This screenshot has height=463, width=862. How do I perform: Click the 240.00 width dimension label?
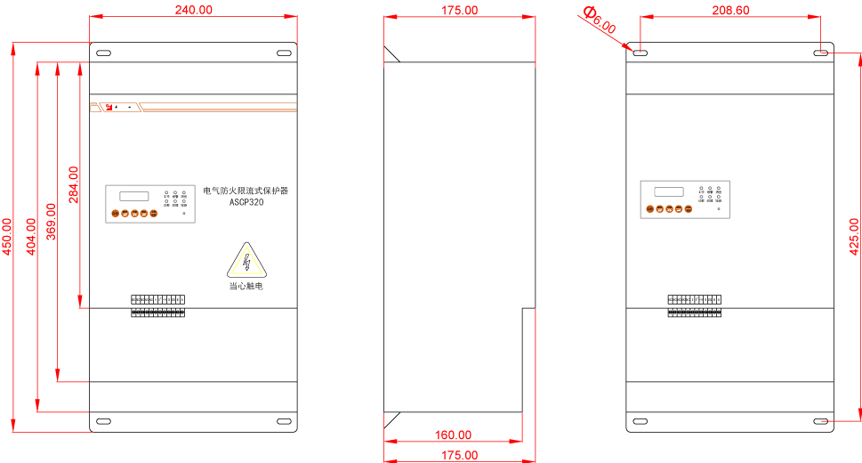[194, 10]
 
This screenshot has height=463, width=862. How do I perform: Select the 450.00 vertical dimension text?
[7, 237]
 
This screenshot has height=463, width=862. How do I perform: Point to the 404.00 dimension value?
[31, 237]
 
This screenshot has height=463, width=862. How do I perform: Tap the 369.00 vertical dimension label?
[51, 222]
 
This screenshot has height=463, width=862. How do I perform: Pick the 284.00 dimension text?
[74, 184]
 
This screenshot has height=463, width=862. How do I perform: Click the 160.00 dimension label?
[453, 435]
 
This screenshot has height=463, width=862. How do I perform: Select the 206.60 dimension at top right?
[730, 10]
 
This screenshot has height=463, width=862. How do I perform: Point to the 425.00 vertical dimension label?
[855, 237]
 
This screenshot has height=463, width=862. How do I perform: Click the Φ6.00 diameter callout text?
[599, 20]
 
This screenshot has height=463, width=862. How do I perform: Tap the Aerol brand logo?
[122, 108]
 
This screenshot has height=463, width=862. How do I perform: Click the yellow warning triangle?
[246, 262]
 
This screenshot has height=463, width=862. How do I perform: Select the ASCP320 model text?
[246, 202]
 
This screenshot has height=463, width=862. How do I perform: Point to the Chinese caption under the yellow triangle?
[246, 286]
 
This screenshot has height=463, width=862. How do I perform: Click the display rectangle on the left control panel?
[135, 196]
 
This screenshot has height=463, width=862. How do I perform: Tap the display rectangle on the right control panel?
[669, 191]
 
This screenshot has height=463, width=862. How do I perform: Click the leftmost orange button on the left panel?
[115, 214]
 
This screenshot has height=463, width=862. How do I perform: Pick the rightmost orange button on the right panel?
[689, 209]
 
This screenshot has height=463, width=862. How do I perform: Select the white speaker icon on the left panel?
[184, 214]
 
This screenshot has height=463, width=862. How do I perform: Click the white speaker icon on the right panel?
[718, 209]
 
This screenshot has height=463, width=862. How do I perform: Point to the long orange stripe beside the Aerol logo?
[219, 110]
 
